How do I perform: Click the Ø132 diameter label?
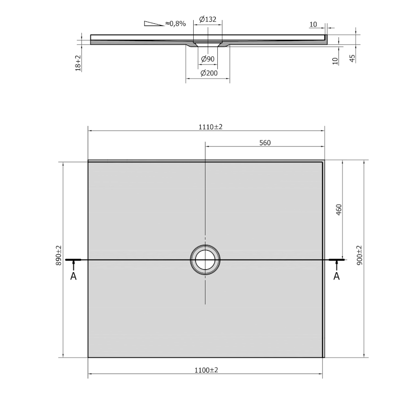point(208,19)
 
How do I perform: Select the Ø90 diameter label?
point(208,59)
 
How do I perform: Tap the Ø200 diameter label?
point(209,73)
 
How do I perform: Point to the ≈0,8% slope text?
point(175,24)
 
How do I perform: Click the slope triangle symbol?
point(154,23)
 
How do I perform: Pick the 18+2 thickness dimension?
point(78,63)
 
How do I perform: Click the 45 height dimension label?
point(353,58)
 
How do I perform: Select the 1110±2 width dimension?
point(210,127)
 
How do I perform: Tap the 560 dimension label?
point(265,143)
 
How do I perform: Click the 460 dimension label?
point(339,210)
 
